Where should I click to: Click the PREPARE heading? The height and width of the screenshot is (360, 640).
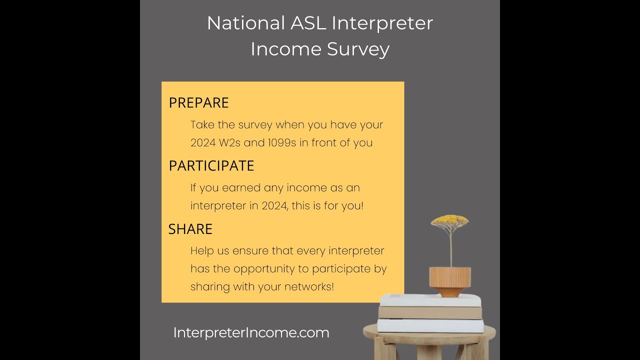pyautogui.click(x=198, y=102)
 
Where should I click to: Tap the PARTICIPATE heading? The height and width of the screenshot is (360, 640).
pyautogui.click(x=211, y=165)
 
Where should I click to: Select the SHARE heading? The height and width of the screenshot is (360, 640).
pyautogui.click(x=190, y=229)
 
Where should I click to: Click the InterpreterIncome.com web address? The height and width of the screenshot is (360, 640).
pyautogui.click(x=251, y=332)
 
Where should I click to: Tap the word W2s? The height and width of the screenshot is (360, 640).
pyautogui.click(x=229, y=143)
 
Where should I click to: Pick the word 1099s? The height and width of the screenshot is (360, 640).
pyautogui.click(x=275, y=143)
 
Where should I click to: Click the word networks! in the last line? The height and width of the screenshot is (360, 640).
pyautogui.click(x=308, y=287)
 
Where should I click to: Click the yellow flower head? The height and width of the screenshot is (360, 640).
pyautogui.click(x=449, y=220)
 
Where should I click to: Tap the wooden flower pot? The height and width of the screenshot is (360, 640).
pyautogui.click(x=450, y=280)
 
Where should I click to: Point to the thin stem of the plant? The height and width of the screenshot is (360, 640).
pyautogui.click(x=450, y=247)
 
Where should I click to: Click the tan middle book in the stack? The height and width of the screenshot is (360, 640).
pyautogui.click(x=430, y=313)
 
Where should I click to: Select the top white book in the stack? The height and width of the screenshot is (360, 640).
pyautogui.click(x=430, y=300)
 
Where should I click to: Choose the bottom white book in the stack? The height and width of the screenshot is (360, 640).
pyautogui.click(x=430, y=325)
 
